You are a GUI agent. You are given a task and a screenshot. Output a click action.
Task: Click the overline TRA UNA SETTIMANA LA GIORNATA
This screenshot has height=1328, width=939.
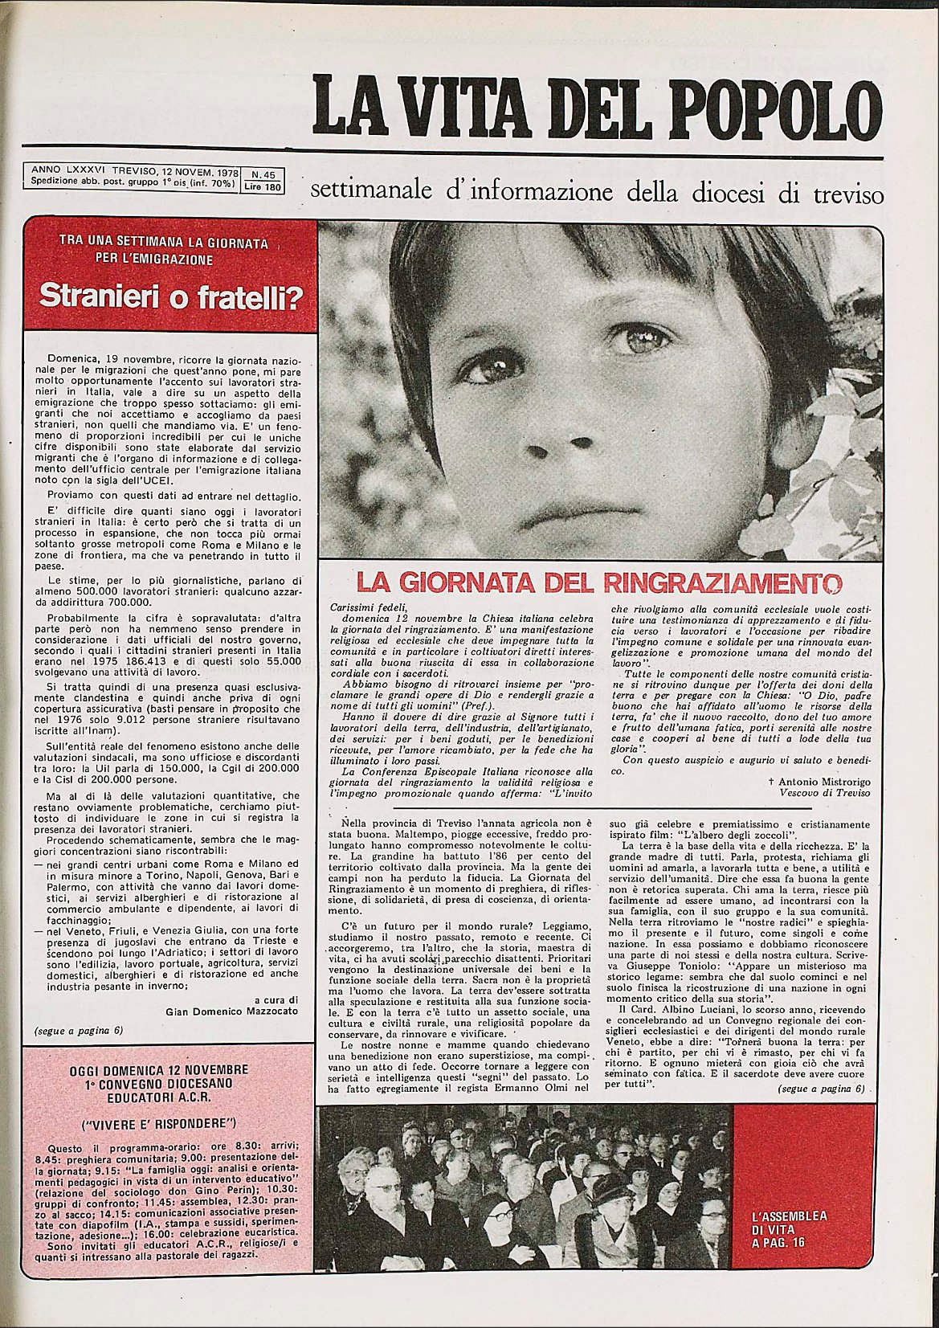point(164,242)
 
